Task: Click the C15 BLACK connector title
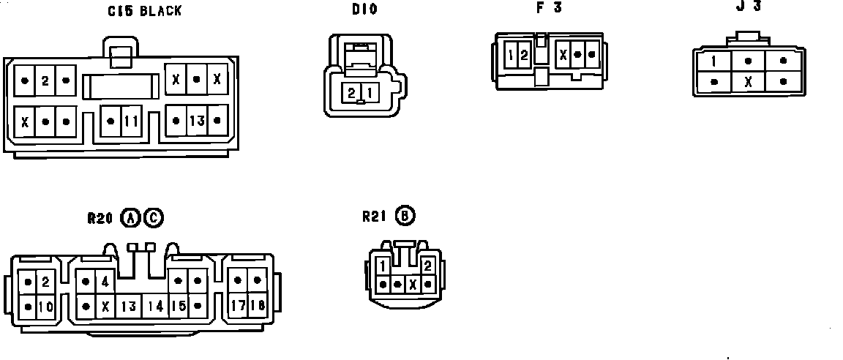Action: click(x=145, y=11)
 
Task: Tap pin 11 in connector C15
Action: click(x=130, y=121)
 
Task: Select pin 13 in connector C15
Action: click(x=197, y=121)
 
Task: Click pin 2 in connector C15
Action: click(x=45, y=80)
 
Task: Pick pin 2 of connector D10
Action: click(x=352, y=93)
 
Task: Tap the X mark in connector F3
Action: click(x=563, y=54)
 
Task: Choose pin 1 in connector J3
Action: click(x=713, y=61)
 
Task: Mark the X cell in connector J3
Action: click(x=748, y=82)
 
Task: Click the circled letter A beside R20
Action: click(x=130, y=217)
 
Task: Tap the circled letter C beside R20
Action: click(x=154, y=217)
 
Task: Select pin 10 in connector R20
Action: click(x=45, y=307)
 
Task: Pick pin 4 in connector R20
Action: click(x=105, y=281)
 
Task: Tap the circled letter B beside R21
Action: click(x=405, y=217)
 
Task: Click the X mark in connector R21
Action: click(x=413, y=284)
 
